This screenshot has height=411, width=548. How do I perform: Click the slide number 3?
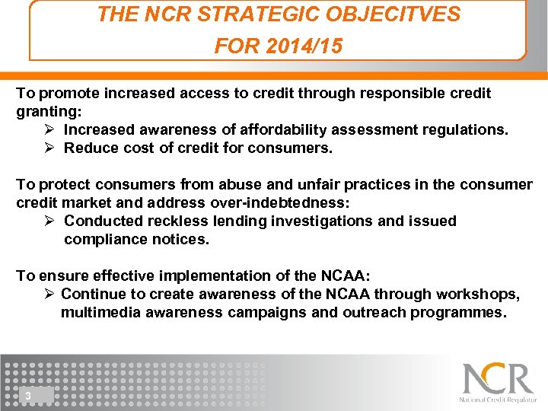(28, 396)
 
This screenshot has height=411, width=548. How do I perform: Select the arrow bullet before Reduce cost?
(49, 148)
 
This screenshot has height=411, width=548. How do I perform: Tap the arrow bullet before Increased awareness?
(49, 129)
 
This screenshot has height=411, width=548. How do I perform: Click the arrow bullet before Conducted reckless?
(49, 221)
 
